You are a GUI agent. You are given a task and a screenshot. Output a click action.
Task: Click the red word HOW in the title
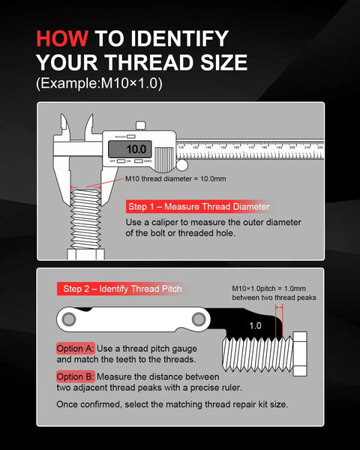click(x=61, y=39)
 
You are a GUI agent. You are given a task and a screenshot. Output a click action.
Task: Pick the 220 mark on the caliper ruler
click(x=320, y=148)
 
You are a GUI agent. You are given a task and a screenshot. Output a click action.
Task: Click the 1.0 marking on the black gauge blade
click(x=255, y=325)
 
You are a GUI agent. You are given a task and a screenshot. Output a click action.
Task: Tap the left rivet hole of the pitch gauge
click(x=70, y=320)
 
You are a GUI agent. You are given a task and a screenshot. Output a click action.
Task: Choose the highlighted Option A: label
click(x=74, y=349)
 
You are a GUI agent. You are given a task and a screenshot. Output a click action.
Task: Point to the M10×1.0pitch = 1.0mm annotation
click(x=274, y=289)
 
